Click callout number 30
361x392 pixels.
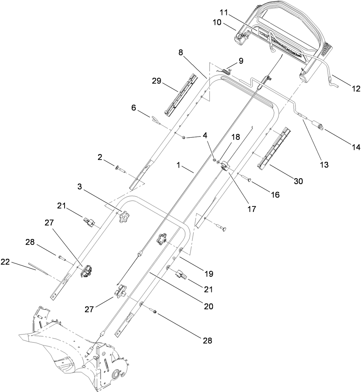click(298, 180)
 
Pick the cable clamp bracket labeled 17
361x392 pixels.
click(225, 167)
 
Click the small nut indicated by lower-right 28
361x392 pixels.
click(155, 311)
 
